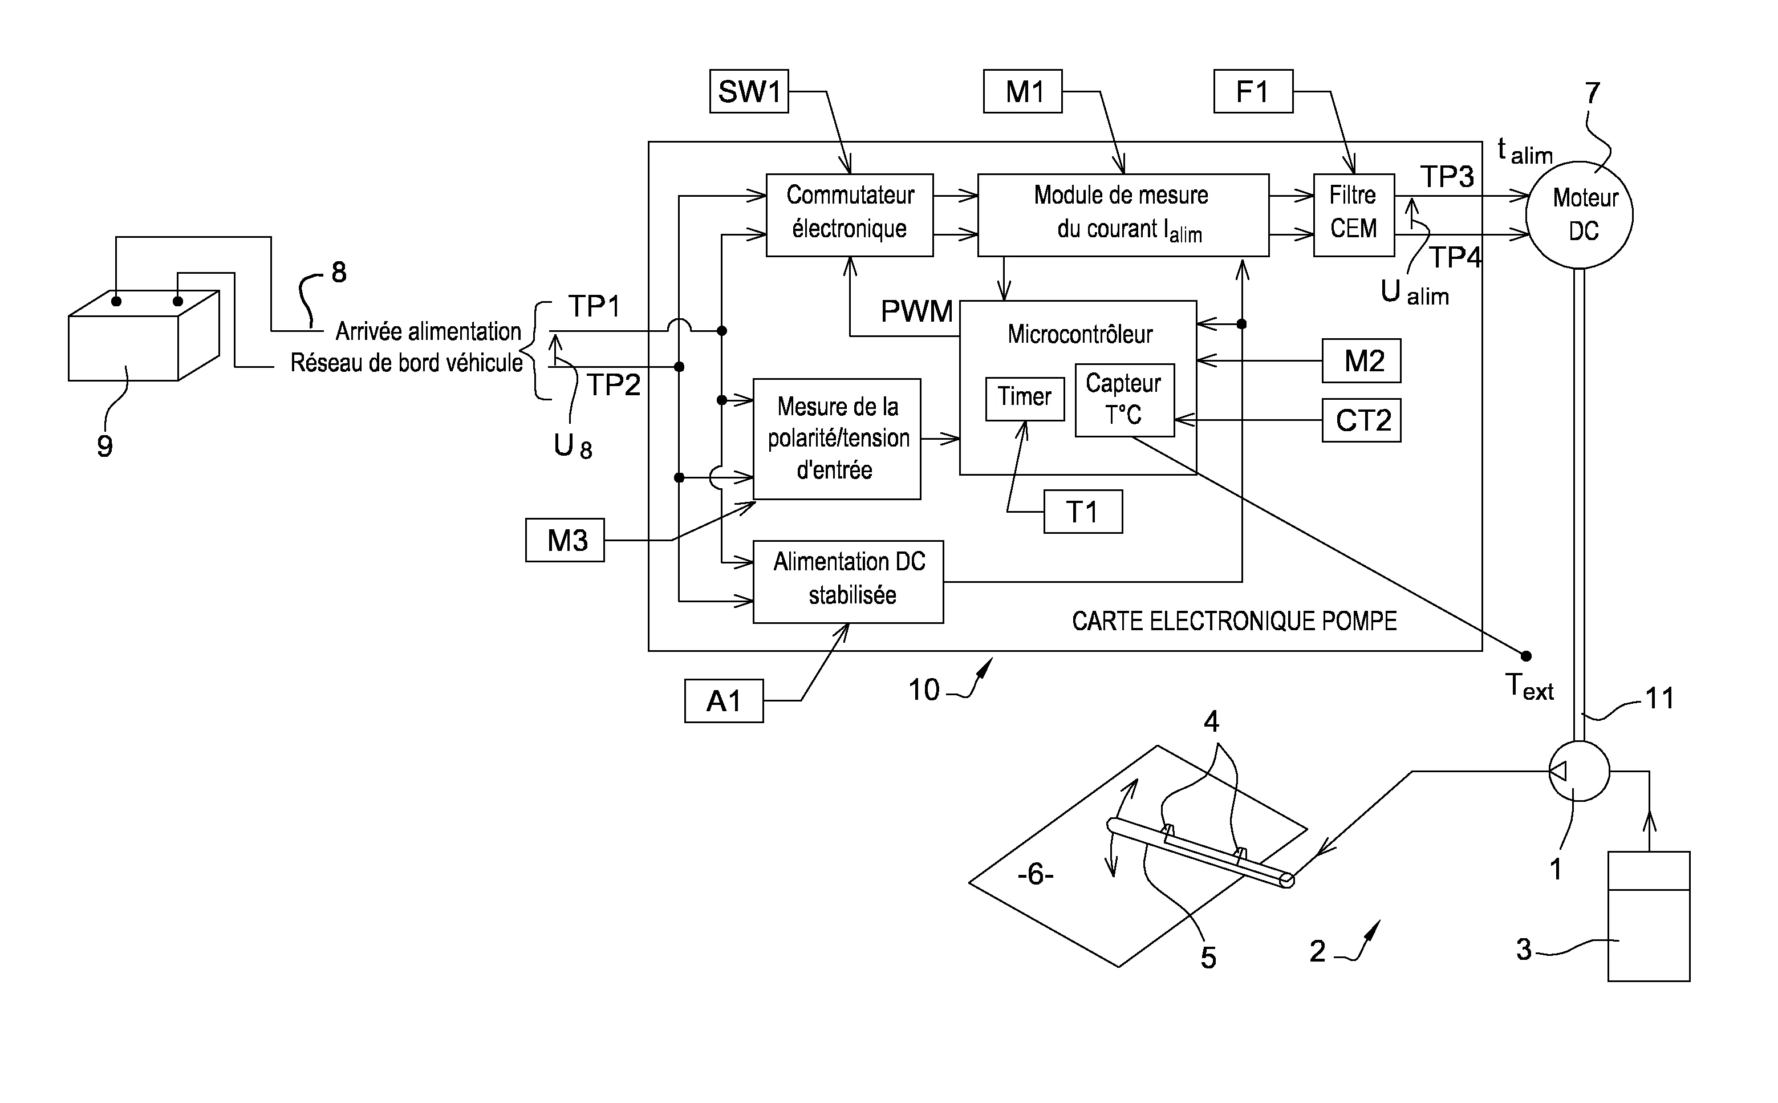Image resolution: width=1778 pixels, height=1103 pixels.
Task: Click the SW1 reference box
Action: [x=749, y=91]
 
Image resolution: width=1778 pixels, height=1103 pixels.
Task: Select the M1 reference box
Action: [x=1022, y=91]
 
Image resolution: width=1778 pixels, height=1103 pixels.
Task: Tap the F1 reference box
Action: [x=1253, y=91]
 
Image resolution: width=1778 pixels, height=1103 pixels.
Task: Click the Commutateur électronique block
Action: [x=850, y=214]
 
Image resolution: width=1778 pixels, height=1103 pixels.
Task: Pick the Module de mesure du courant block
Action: [x=1123, y=214]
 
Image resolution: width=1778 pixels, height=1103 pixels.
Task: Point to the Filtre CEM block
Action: [x=1354, y=214]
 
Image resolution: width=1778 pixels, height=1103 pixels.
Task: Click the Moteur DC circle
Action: [x=1579, y=215]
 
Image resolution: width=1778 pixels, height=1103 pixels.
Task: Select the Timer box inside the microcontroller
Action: [x=1025, y=398]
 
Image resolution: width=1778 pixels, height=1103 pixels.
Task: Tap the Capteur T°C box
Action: [x=1125, y=400]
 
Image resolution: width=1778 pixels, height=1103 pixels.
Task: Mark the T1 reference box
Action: [x=1083, y=512]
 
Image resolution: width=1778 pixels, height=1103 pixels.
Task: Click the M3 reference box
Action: [x=565, y=540]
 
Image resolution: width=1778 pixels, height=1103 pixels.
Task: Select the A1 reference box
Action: [x=724, y=700]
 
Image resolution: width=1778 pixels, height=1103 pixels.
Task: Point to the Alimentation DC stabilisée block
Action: [x=848, y=581]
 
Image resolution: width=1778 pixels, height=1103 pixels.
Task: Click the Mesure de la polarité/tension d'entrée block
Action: [x=837, y=439]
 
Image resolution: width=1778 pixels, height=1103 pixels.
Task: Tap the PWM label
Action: [x=917, y=311]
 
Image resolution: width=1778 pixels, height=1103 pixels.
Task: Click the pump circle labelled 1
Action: [x=1579, y=771]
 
